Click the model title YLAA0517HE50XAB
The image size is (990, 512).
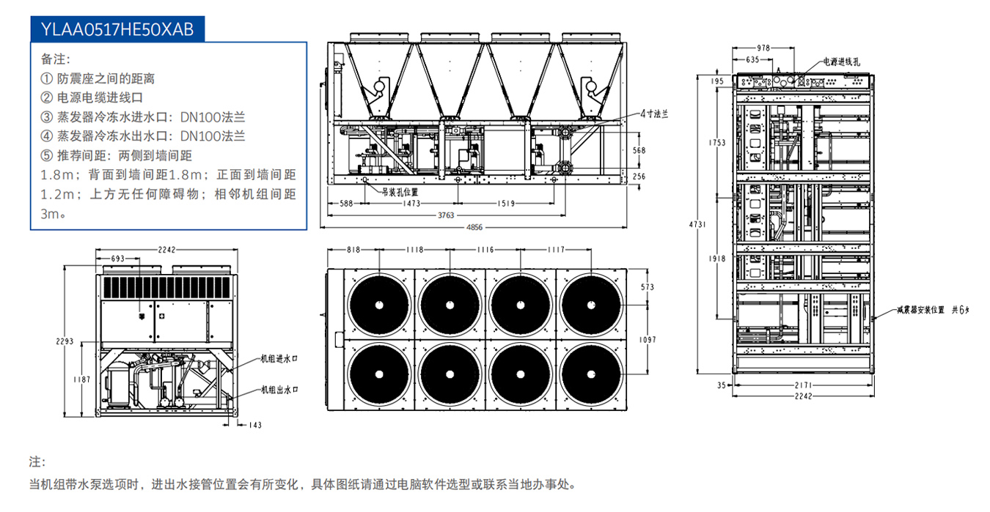pyautogui.click(x=117, y=29)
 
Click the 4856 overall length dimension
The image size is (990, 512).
pyautogui.click(x=475, y=227)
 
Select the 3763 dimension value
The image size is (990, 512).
pyautogui.click(x=447, y=215)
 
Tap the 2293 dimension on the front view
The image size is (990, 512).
pyautogui.click(x=64, y=341)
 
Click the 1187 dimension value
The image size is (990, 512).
pyautogui.click(x=82, y=379)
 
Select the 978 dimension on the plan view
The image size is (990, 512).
pyautogui.click(x=763, y=48)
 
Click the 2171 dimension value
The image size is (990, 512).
pyautogui.click(x=804, y=384)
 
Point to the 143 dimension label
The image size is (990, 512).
pyautogui.click(x=255, y=425)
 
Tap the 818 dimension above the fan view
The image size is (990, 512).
pyautogui.click(x=353, y=250)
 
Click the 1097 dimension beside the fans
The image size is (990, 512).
pyautogui.click(x=648, y=340)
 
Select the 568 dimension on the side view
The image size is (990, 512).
pyautogui.click(x=639, y=150)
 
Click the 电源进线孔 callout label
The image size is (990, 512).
pyautogui.click(x=843, y=62)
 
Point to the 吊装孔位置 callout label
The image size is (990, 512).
pyautogui.click(x=399, y=192)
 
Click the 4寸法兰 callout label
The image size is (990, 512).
pyautogui.click(x=654, y=114)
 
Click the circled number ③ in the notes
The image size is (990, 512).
pyautogui.click(x=47, y=116)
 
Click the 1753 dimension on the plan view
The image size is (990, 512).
pyautogui.click(x=719, y=142)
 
